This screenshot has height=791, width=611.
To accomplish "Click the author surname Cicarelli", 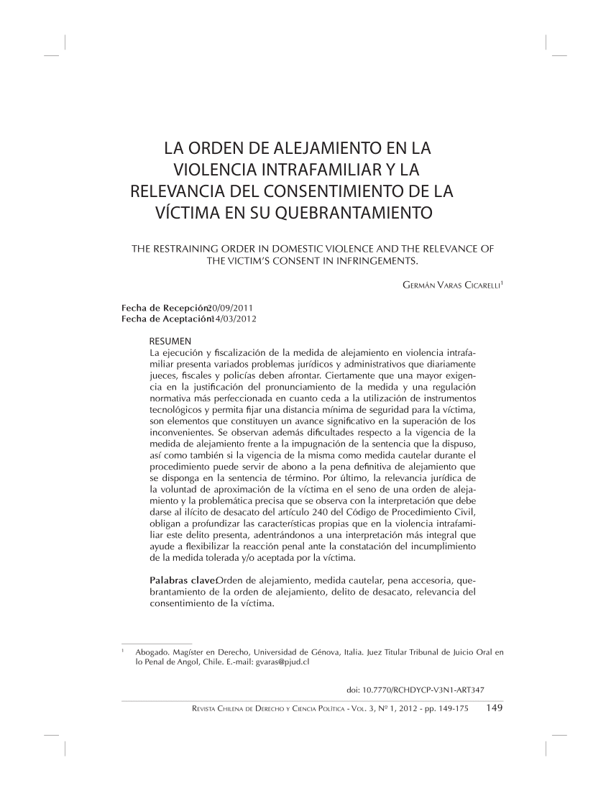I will click(473, 286).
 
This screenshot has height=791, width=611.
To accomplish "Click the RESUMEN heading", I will click(170, 340).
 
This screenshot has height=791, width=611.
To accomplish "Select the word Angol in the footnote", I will click(191, 663).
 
